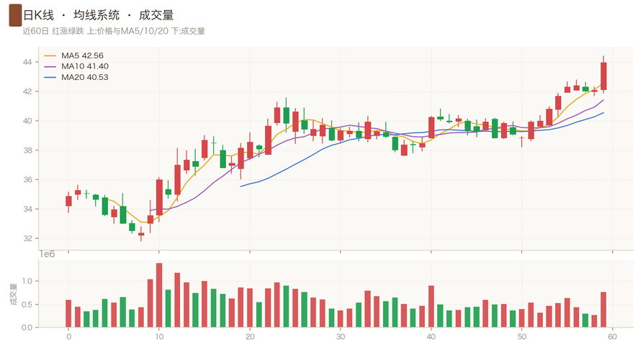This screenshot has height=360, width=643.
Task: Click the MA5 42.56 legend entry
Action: (74, 55)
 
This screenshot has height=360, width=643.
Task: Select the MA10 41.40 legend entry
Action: (76, 66)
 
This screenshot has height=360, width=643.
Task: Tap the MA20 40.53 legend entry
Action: (76, 78)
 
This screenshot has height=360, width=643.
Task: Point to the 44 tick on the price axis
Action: (27, 63)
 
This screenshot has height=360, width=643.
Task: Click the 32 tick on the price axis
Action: (27, 238)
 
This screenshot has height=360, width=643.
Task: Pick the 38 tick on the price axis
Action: (27, 150)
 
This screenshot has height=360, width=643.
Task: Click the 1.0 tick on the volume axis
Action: (27, 282)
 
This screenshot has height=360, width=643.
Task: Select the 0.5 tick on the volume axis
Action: (27, 305)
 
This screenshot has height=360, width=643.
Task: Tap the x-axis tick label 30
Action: (341, 337)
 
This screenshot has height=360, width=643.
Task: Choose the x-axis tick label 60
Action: (612, 337)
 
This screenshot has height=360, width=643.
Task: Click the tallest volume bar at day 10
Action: (159, 295)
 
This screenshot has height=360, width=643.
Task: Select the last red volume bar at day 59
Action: (603, 310)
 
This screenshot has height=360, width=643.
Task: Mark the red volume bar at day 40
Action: (431, 306)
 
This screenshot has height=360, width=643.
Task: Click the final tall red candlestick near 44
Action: (603, 76)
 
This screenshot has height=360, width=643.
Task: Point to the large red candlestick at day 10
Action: (159, 197)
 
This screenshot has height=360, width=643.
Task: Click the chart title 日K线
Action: (39, 16)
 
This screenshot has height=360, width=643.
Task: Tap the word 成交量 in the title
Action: (156, 16)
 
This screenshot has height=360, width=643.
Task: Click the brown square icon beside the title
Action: (15, 15)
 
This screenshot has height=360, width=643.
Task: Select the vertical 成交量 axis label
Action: (14, 294)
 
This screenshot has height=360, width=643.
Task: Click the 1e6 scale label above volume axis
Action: (47, 254)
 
